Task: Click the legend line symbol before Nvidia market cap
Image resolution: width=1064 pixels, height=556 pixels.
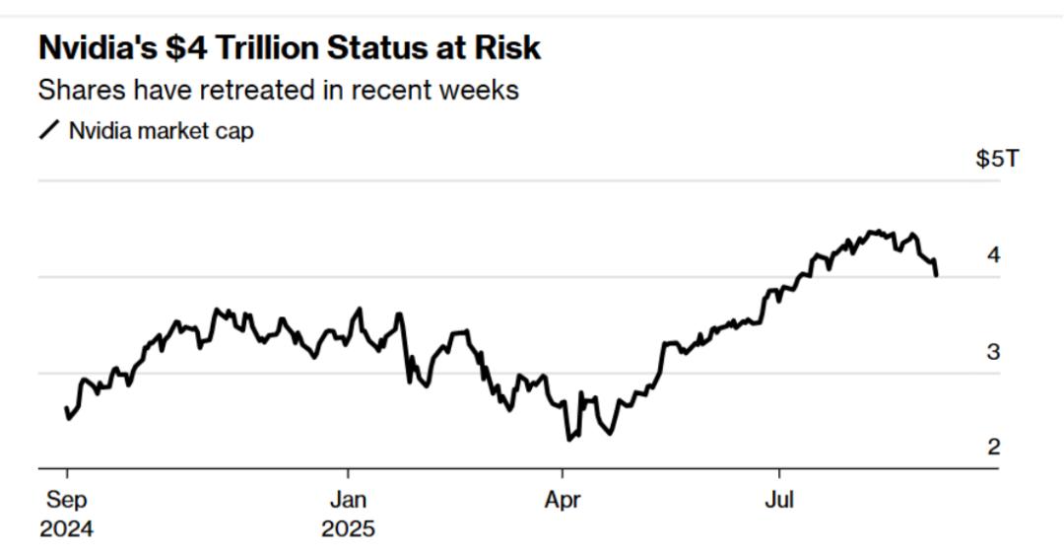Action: pos(48,130)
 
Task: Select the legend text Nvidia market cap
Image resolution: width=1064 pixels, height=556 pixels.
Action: pos(161,130)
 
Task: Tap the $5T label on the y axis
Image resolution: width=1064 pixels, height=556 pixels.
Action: pos(997,159)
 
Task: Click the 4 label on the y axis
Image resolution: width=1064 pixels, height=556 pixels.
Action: pos(993,255)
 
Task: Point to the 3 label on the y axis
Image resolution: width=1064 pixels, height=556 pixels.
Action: pos(993,352)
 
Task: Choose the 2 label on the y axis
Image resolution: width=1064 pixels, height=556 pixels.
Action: pos(993,448)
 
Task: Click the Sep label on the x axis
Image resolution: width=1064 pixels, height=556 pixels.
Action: pos(66,500)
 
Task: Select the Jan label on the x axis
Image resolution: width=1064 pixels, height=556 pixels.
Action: pos(348,500)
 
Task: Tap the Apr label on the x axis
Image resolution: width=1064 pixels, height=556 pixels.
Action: pos(562,500)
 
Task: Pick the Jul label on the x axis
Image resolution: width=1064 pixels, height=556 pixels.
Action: pos(778,500)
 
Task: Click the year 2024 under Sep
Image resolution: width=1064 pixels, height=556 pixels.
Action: pos(66,529)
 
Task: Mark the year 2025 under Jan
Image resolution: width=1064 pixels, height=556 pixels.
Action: pos(348,529)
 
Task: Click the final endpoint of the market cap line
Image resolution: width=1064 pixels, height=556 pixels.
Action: pos(936,275)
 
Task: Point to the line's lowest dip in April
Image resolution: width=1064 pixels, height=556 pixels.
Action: pos(568,439)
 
